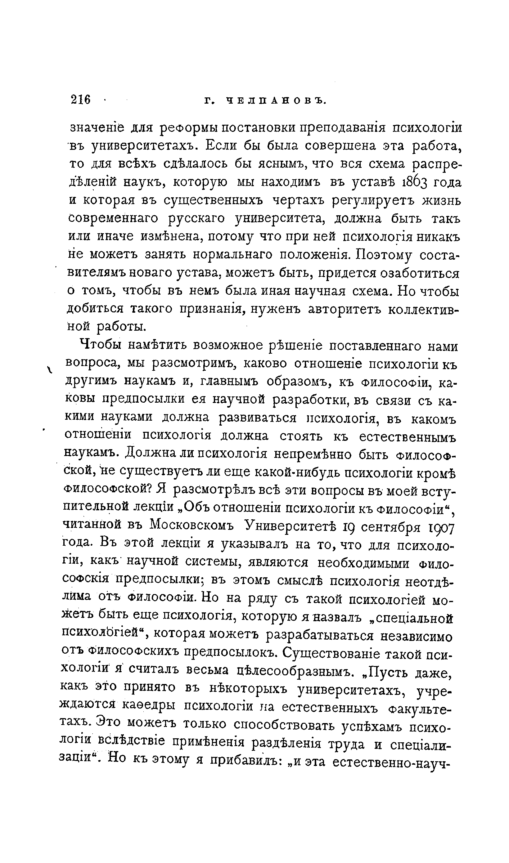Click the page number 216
81,100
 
